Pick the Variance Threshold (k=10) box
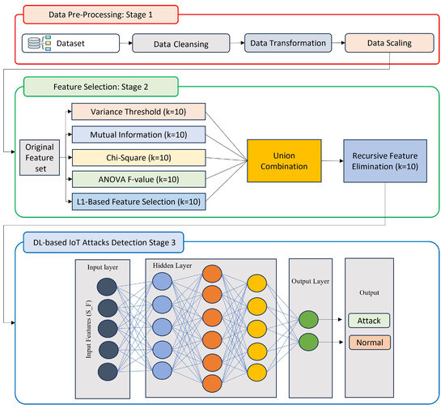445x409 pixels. click(138, 111)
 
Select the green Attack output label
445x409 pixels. click(369, 321)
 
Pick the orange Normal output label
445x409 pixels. click(369, 342)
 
